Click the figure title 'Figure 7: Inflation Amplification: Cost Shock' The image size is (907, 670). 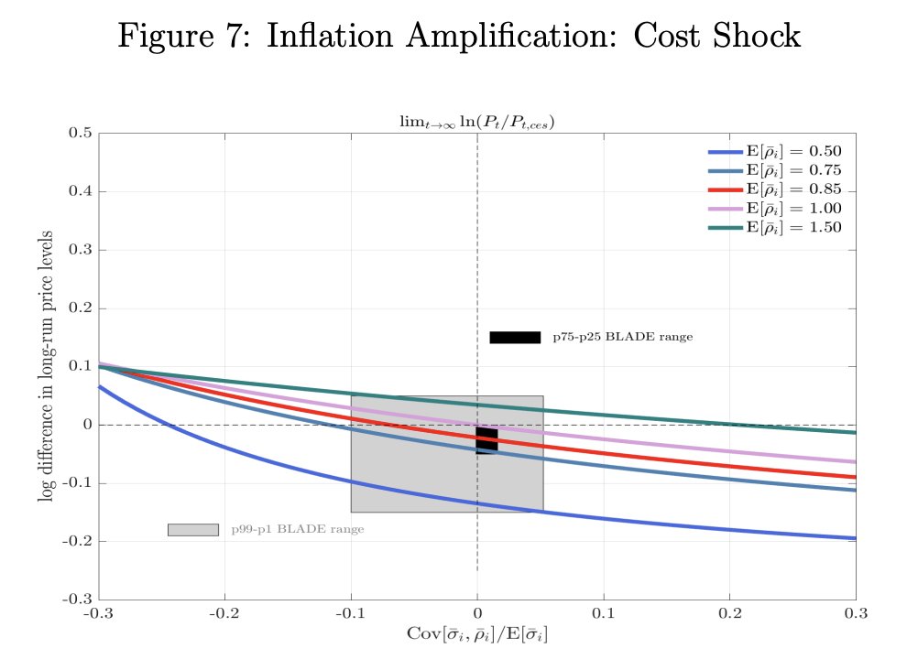coord(459,36)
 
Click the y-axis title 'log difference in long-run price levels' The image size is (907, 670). coord(45,366)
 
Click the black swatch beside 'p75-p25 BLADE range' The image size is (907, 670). coord(515,337)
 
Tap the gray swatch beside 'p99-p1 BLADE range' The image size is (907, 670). coord(192,529)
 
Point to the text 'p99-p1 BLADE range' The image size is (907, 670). coord(297,530)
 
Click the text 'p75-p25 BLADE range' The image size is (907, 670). coord(622,337)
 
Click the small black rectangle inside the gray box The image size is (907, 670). coord(486,439)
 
